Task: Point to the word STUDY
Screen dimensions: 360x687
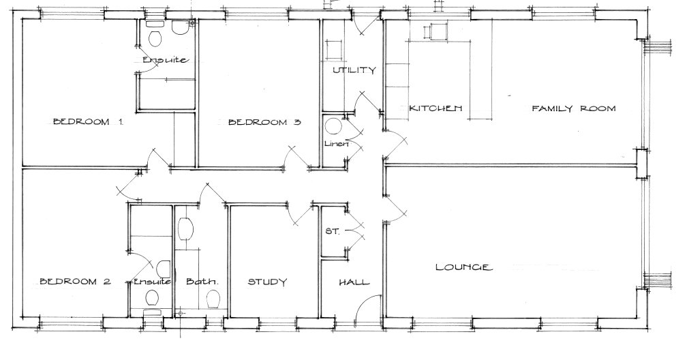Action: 266,282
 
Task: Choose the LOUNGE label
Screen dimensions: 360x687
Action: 463,267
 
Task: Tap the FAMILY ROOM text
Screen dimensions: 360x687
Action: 574,108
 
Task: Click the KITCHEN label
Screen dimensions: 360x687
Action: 436,108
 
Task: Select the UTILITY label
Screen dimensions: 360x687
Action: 354,70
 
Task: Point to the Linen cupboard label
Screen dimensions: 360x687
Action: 337,144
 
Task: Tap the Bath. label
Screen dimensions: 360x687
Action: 202,282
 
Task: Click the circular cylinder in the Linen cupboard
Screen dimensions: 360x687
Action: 333,127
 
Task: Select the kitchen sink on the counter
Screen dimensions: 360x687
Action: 435,31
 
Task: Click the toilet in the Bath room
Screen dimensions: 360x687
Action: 213,299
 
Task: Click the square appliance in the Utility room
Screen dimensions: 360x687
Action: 334,50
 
